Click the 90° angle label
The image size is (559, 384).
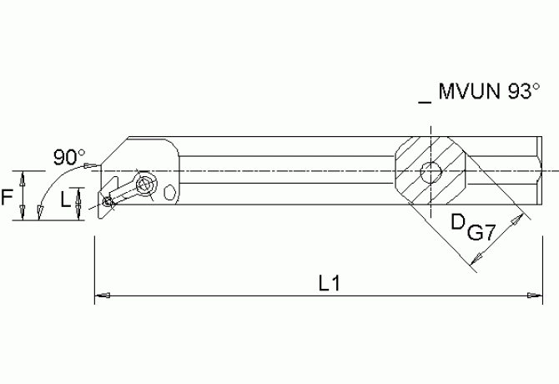(x=68, y=157)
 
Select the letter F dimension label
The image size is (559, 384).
(x=7, y=198)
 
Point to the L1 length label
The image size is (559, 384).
(x=330, y=284)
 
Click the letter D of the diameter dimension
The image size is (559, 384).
(x=458, y=224)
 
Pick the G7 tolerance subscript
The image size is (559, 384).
(x=482, y=235)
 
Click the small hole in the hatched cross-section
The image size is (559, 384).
(x=431, y=174)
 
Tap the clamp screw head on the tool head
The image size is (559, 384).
(x=148, y=184)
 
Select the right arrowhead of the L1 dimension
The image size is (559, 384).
(x=531, y=295)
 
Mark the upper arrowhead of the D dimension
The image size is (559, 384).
(x=521, y=219)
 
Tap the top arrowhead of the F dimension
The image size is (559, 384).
(x=24, y=178)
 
